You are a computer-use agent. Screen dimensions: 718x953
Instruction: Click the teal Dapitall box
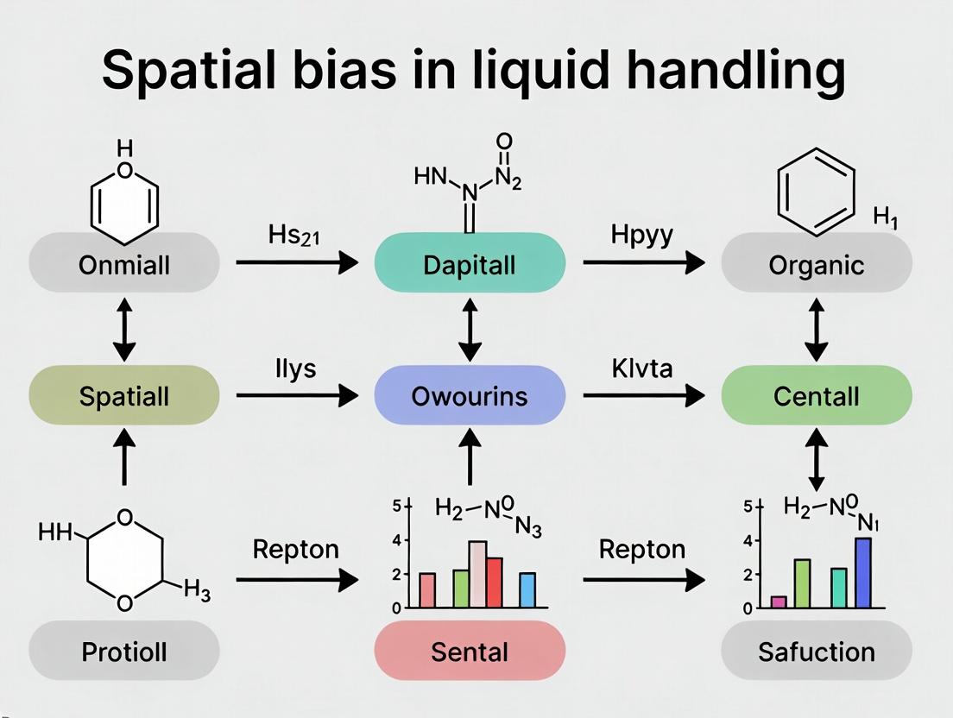pos(470,264)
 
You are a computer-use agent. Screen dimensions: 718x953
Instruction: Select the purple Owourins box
pos(470,396)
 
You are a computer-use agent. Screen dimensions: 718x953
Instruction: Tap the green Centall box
pos(816,396)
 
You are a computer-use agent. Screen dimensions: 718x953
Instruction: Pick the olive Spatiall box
pos(123,396)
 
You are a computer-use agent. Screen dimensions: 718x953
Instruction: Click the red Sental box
pos(470,651)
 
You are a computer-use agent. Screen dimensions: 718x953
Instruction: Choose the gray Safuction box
pos(816,651)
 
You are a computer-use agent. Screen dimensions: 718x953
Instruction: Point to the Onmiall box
pos(123,264)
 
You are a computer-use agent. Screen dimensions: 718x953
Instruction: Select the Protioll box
pos(123,651)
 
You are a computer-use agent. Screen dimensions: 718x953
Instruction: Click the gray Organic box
pos(816,264)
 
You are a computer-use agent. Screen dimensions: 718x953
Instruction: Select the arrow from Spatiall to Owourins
pos(296,396)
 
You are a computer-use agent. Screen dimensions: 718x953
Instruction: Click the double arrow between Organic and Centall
pos(816,330)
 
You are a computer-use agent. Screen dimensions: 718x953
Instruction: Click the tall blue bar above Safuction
pos(863,572)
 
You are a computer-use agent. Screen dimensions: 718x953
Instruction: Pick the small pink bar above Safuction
pos(779,601)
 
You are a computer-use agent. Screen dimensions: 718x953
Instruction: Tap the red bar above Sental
pos(494,583)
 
